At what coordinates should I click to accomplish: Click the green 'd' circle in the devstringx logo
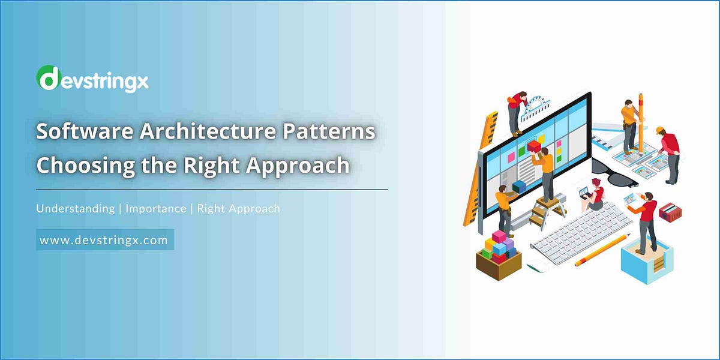pos(48,79)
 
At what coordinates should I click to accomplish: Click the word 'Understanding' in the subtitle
pos(75,209)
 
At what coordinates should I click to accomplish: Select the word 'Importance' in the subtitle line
pos(156,209)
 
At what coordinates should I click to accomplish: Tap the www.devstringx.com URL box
pos(104,240)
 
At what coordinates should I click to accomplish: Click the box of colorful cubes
pos(498,252)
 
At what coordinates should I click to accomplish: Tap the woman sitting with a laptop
pos(594,195)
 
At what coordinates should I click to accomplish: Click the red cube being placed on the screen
pos(533,146)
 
